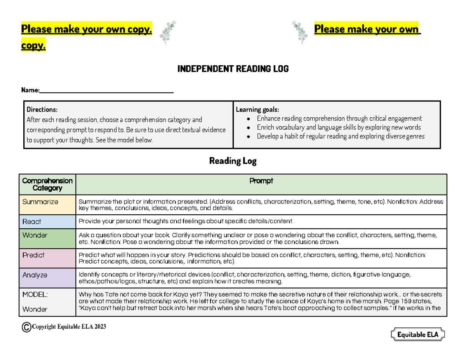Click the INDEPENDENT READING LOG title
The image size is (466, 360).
click(233, 69)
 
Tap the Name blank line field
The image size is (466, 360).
click(106, 91)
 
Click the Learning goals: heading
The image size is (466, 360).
click(257, 110)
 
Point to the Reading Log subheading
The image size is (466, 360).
click(233, 161)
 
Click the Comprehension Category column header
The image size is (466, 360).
click(47, 184)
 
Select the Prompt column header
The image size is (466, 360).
click(261, 181)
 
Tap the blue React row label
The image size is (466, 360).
click(32, 222)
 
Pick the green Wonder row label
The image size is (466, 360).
click(35, 235)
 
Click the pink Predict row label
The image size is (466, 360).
click(33, 255)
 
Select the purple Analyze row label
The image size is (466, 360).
click(35, 275)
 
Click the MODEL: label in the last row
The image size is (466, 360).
click(35, 295)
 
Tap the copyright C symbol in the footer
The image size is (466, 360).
click(26, 328)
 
